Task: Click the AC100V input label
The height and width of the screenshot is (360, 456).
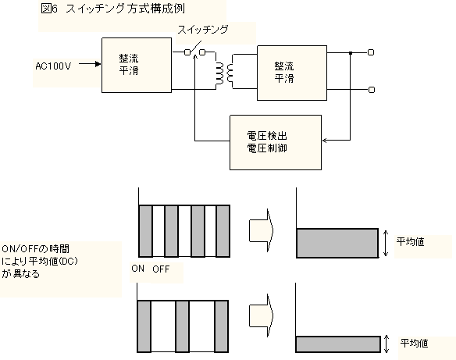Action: point(53,66)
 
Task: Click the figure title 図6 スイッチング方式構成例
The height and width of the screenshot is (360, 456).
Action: point(113,9)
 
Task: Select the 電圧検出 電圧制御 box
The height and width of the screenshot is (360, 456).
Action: point(276,142)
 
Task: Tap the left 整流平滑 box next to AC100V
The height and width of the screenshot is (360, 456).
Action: point(137,65)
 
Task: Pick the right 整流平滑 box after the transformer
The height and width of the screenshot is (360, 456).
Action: point(292,73)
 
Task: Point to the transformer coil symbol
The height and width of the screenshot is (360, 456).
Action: point(224,71)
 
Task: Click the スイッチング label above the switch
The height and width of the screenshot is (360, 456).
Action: point(203,30)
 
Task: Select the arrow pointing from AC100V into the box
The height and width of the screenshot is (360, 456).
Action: point(90,64)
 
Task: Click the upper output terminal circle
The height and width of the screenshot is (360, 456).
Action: point(371,52)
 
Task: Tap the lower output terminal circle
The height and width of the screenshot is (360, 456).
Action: point(372,90)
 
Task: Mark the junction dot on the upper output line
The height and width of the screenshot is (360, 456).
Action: point(351,52)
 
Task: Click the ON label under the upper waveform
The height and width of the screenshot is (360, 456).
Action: point(138,269)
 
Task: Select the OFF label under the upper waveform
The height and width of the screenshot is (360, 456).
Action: point(161,269)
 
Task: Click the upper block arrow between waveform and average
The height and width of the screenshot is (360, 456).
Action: point(262,230)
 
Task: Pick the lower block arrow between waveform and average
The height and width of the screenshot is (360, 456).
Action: point(262,315)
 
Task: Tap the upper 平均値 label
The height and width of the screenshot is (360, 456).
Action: point(411,241)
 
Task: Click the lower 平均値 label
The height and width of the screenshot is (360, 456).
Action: point(414,343)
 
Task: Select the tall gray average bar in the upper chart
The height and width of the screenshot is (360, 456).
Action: point(337,243)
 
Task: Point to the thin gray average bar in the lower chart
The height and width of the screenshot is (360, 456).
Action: point(338,344)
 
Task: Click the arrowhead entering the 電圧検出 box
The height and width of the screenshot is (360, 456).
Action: point(325,141)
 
